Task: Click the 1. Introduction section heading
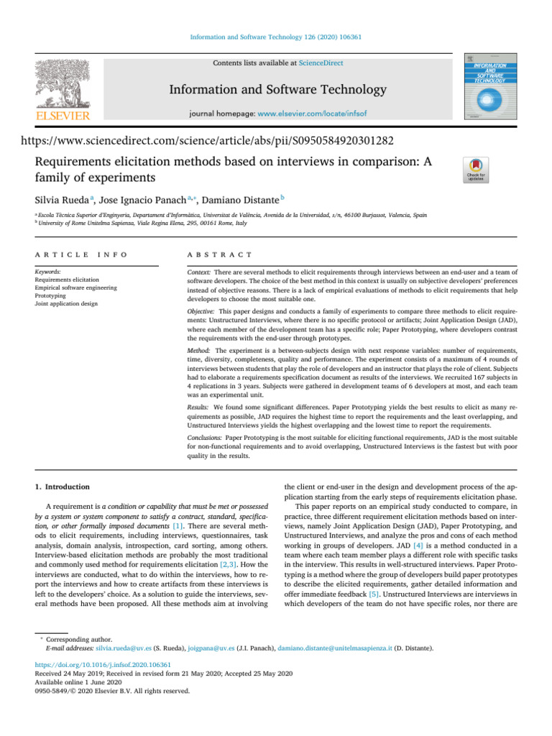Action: [x=63, y=486]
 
